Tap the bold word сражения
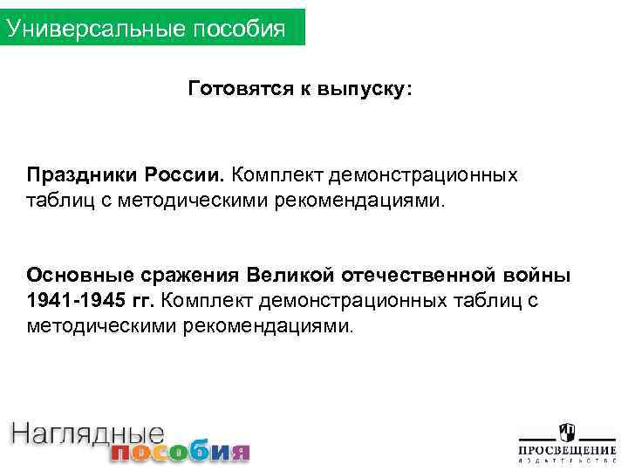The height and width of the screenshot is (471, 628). tap(184, 276)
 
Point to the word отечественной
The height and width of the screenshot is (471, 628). tap(405, 276)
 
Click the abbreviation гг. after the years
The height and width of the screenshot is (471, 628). tap(140, 302)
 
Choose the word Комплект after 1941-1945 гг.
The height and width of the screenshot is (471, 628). tap(208, 302)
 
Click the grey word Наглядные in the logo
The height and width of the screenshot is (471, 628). tap(87, 433)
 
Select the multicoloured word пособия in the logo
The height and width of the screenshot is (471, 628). tap(180, 451)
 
